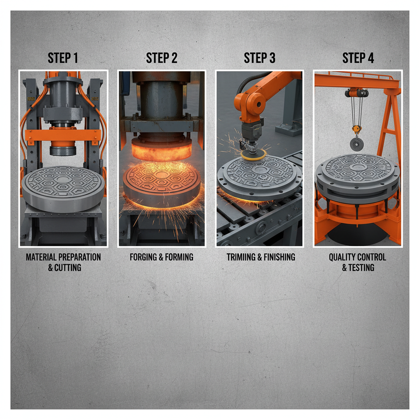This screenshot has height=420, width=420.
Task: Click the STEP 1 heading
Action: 63,58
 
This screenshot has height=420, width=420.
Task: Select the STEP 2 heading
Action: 162,58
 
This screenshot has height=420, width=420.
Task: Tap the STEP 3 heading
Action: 260,58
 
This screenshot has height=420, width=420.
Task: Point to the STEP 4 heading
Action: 358,58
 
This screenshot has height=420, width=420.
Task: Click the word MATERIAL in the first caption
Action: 41,257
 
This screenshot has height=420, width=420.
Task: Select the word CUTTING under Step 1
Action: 68,267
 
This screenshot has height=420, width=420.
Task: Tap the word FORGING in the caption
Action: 143,257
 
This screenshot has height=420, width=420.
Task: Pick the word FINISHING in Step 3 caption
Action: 279,257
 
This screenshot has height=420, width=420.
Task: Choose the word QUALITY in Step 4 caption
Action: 342,257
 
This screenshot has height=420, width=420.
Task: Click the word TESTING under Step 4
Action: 361,267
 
